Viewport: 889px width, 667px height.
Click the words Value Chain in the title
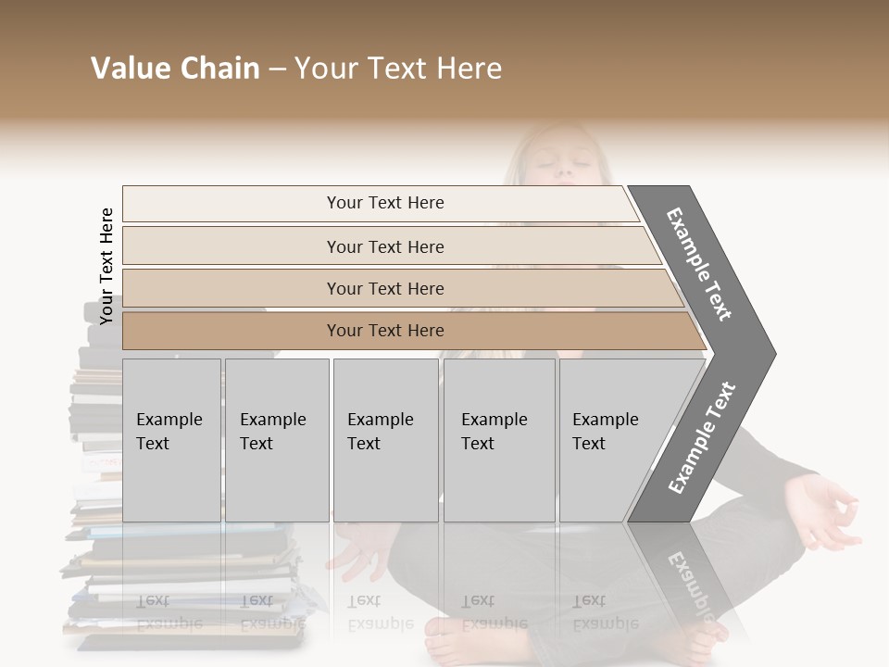[175, 69]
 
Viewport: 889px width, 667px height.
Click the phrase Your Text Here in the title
[398, 69]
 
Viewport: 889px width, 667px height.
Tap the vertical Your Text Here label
[106, 266]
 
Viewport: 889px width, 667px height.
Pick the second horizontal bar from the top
[384, 246]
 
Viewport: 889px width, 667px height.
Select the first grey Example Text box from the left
[171, 439]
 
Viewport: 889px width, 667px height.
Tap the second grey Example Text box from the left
[276, 439]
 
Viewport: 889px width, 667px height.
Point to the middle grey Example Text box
[385, 439]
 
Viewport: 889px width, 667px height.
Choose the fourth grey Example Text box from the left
[498, 439]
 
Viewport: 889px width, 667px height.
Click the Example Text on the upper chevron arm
[700, 264]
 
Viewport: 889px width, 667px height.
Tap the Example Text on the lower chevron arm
[702, 438]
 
